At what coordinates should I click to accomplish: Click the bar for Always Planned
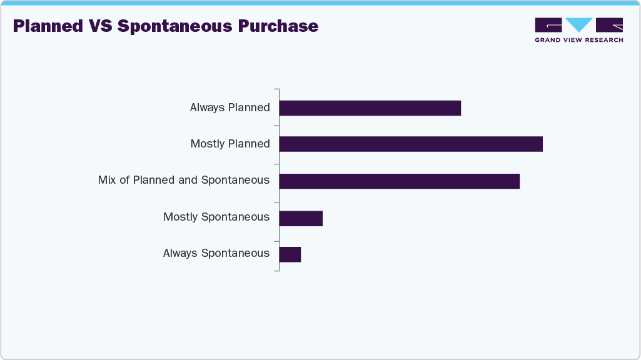tap(370, 108)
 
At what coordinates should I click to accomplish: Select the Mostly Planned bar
tap(411, 144)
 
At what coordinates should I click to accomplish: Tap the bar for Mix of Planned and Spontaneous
tap(399, 181)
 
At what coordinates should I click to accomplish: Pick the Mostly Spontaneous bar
tap(301, 217)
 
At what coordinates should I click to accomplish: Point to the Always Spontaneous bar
tap(290, 254)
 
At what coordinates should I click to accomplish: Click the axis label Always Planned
tap(230, 107)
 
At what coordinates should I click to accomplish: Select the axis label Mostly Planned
tap(230, 144)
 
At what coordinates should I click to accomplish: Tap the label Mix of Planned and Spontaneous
tap(183, 180)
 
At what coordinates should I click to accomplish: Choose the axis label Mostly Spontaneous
tap(216, 217)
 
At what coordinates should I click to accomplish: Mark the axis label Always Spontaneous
tap(216, 253)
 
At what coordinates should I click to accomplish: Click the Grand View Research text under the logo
tap(578, 40)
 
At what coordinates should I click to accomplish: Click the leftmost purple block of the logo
tap(548, 25)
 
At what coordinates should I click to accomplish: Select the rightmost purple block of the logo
tap(609, 25)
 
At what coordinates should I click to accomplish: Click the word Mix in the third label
tap(107, 180)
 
